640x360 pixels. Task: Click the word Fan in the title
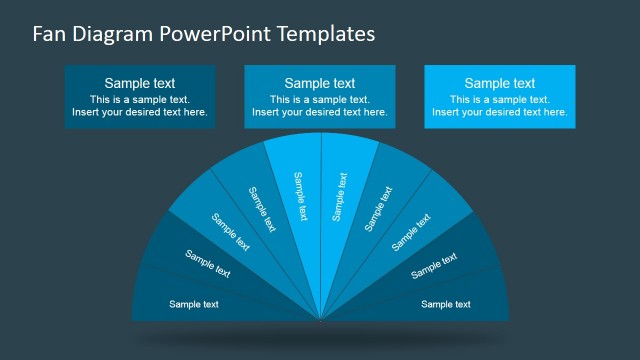[48, 34]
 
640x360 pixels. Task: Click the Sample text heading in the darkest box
[140, 83]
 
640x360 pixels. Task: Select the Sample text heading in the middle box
[320, 83]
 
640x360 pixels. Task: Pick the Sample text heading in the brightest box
[500, 83]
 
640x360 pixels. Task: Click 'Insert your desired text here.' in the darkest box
[140, 113]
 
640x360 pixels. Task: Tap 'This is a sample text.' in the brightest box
[500, 100]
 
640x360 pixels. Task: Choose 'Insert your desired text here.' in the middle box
[320, 113]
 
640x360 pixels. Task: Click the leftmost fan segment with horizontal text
[194, 304]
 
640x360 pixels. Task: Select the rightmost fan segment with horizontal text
[446, 304]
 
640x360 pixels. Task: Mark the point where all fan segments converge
[321, 320]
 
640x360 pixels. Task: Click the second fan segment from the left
[208, 263]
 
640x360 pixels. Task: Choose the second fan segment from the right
[434, 265]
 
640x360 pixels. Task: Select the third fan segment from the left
[229, 231]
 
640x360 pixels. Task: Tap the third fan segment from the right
[411, 231]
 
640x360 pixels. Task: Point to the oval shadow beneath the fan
[320, 341]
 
